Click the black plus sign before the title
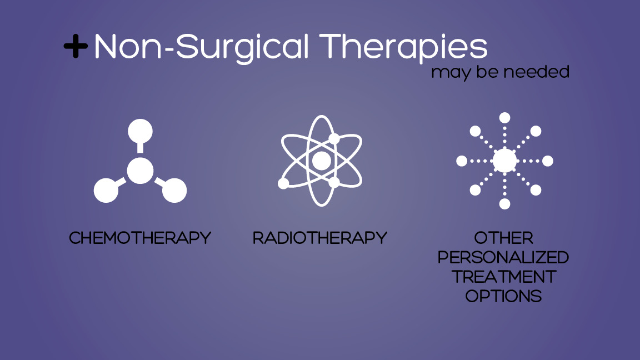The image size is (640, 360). pyautogui.click(x=76, y=47)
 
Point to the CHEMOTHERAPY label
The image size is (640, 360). pyautogui.click(x=140, y=238)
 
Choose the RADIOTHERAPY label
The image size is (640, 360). pyautogui.click(x=320, y=238)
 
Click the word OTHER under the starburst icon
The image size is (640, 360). pyautogui.click(x=504, y=238)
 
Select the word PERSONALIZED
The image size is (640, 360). pyautogui.click(x=504, y=258)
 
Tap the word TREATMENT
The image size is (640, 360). pyautogui.click(x=504, y=277)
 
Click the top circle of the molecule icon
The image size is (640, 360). pyautogui.click(x=140, y=131)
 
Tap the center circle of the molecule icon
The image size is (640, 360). pyautogui.click(x=140, y=171)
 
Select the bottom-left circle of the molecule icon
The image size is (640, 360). pyautogui.click(x=106, y=191)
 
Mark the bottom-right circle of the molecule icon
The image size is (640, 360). pyautogui.click(x=174, y=191)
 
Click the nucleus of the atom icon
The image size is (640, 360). pyautogui.click(x=321, y=161)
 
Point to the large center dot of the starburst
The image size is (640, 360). pyautogui.click(x=504, y=161)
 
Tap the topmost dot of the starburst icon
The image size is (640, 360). pyautogui.click(x=504, y=118)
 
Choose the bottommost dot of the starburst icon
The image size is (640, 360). pyautogui.click(x=504, y=204)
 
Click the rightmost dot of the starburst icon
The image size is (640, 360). pyautogui.click(x=548, y=161)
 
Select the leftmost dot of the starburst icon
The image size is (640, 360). pyautogui.click(x=462, y=161)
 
